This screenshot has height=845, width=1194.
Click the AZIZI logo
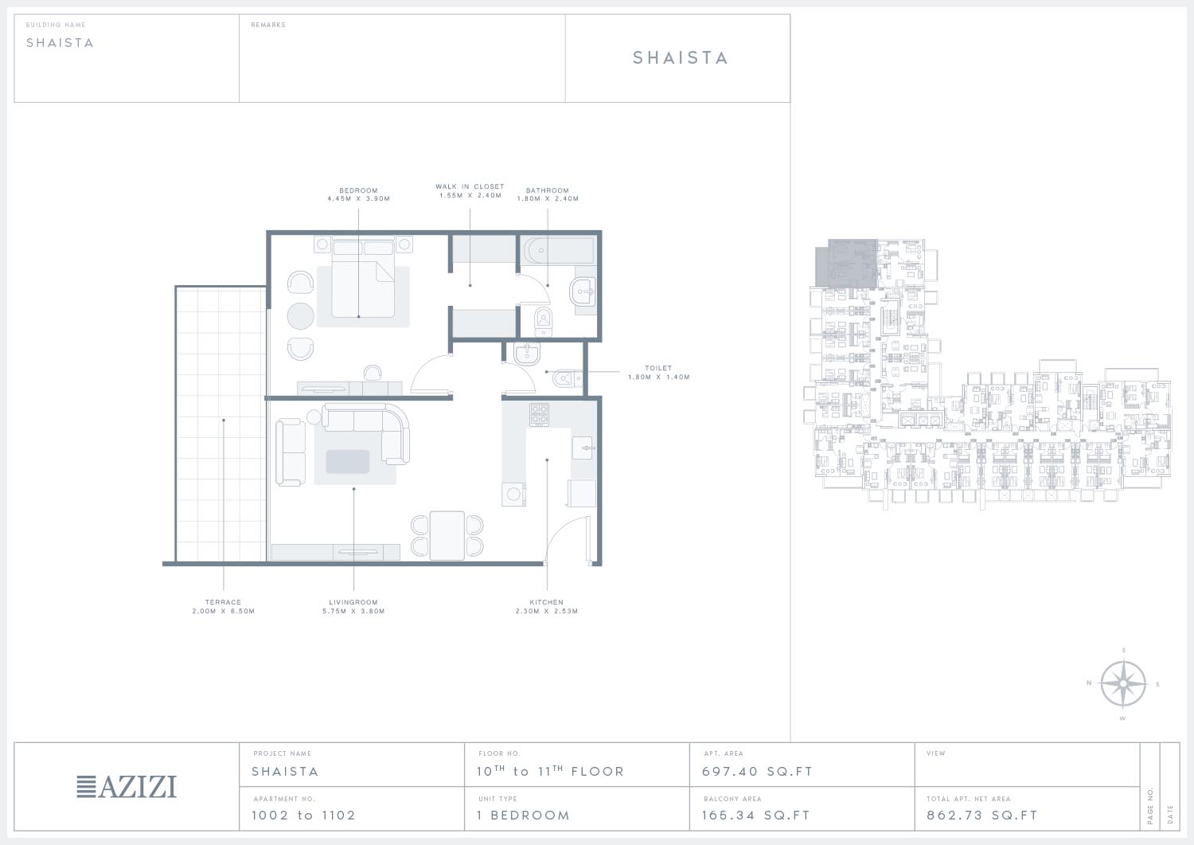pos(127,787)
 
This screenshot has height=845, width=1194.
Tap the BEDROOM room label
pos(358,190)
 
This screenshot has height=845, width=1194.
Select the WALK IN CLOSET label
pos(470,186)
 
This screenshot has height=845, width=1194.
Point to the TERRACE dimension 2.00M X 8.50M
pos(224,612)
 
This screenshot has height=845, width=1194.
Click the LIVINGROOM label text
pos(353,602)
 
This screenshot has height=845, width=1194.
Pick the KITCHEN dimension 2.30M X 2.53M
pos(546,612)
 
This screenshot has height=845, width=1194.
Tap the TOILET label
pos(658,368)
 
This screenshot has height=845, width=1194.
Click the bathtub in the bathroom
pos(559,250)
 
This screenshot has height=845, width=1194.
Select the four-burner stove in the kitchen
pos(539,414)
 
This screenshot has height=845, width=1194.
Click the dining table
pos(447,536)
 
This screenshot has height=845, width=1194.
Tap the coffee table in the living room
pos(348,461)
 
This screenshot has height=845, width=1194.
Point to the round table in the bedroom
pos(301,316)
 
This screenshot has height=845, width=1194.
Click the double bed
pos(363,278)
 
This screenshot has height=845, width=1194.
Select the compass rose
pos(1123,683)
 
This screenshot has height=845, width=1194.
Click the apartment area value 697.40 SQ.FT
pos(757,772)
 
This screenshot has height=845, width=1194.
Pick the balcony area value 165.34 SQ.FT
pos(756,815)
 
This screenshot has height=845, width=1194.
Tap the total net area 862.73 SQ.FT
pos(981,815)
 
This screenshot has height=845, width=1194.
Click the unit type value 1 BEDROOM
pos(524,815)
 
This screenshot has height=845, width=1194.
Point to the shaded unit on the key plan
pos(847,264)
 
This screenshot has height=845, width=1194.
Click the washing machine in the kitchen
pos(513,494)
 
